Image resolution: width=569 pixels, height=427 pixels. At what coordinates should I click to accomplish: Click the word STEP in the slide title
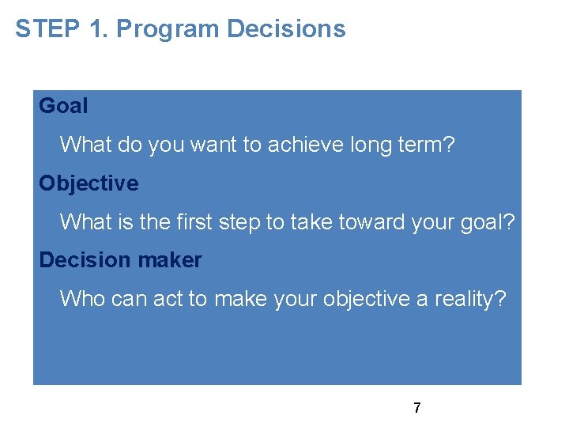(45, 29)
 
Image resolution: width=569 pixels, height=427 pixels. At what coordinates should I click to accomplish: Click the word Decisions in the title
(287, 29)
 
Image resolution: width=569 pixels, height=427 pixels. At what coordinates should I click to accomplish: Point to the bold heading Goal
(63, 106)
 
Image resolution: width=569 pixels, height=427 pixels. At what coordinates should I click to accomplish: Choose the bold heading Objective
(89, 183)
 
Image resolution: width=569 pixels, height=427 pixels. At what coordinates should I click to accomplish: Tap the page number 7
(417, 409)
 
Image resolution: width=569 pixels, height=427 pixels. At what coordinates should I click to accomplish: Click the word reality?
(473, 299)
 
